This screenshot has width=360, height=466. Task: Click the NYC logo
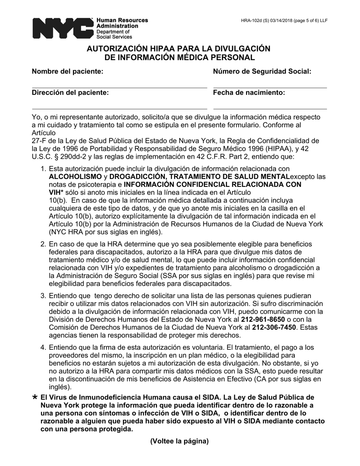point(63,28)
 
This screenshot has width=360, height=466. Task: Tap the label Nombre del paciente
point(67,71)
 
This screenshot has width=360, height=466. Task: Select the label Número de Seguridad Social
point(262,71)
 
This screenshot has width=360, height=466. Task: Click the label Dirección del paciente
point(70,92)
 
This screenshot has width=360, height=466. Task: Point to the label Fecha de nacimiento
point(249,92)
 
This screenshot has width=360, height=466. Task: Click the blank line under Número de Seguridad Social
point(270,88)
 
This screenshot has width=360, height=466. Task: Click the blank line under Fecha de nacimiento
point(270,109)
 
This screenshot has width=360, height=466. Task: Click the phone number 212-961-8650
point(263,319)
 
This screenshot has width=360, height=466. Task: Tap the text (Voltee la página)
point(180,441)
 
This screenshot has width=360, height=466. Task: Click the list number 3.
point(43,296)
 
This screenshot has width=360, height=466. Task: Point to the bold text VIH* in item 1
point(56,192)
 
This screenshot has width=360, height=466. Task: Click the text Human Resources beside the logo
point(122,20)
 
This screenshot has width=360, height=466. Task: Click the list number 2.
point(43,244)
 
